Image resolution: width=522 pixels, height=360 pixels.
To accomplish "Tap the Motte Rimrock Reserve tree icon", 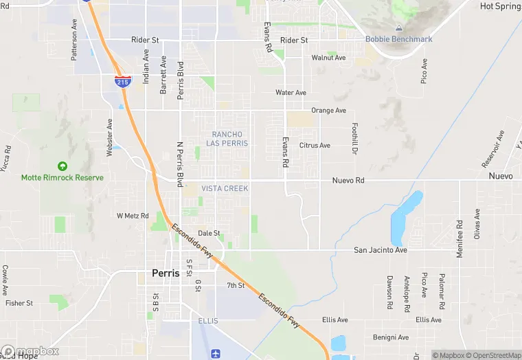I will (x=63, y=166).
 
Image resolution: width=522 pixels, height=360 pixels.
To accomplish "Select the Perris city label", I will (x=166, y=273).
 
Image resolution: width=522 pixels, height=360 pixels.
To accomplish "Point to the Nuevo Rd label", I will (x=348, y=180).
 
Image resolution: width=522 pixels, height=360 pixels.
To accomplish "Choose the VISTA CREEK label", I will (x=225, y=188).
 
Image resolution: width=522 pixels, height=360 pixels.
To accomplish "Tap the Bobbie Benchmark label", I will (x=398, y=39).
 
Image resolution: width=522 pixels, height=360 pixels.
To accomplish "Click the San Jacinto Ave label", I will (x=381, y=250).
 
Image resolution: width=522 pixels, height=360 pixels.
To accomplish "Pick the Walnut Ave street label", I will (x=328, y=58).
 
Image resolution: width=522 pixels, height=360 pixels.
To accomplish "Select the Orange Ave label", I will (x=328, y=110).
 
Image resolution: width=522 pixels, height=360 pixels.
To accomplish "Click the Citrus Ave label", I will (x=315, y=145).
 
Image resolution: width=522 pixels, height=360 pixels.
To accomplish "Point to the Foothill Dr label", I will (x=355, y=139).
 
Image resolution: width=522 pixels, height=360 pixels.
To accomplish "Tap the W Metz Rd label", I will (x=133, y=216).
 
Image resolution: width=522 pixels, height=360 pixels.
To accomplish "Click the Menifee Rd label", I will (x=459, y=239).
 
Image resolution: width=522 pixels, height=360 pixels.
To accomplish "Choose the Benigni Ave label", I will (x=391, y=337).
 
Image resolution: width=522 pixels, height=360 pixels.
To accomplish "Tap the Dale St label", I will (x=209, y=233).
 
